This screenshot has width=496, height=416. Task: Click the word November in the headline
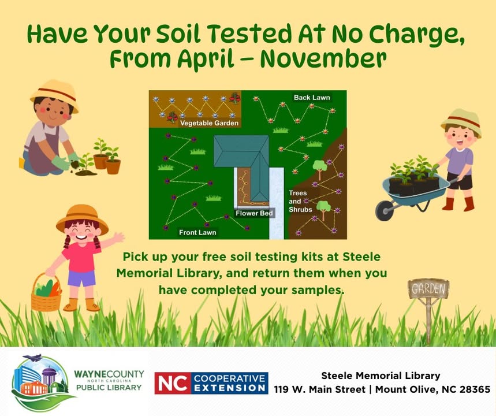coord(323,58)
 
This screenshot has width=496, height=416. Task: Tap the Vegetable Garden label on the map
coord(209,123)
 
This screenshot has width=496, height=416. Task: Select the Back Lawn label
coord(312,98)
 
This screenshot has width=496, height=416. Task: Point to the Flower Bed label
coord(254,213)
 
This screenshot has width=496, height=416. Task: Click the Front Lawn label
coord(197,232)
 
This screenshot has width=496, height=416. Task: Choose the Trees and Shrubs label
coord(300,201)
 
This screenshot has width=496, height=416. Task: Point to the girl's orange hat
coord(82,219)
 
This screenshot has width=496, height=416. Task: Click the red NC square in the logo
coord(173,383)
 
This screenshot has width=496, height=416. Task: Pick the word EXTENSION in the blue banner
coord(230,388)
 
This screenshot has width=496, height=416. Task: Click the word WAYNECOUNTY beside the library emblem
coord(109,374)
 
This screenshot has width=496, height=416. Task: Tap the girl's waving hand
coord(118,237)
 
